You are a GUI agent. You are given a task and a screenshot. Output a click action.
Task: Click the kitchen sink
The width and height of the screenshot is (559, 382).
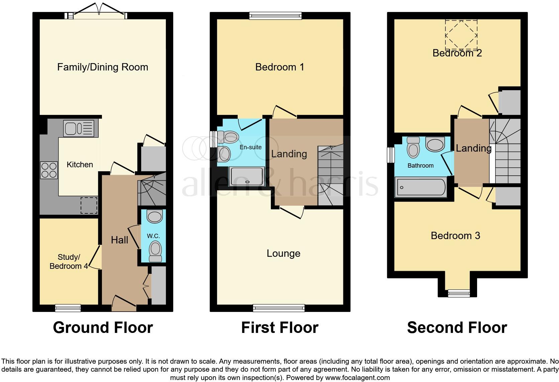click(79, 129)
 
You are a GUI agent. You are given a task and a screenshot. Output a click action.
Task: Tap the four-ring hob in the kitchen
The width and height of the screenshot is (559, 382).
click(48, 170)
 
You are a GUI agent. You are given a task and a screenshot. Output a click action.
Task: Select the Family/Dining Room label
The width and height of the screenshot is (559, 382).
click(103, 67)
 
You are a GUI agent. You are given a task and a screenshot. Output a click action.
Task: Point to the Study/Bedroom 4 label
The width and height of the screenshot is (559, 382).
click(69, 261)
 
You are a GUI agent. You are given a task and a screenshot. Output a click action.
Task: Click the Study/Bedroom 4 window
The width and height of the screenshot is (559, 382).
click(68, 308)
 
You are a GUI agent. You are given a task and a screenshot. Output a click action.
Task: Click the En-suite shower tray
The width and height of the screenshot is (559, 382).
click(247, 176)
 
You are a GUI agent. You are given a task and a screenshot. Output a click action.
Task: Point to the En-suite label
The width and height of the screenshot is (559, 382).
click(250, 147)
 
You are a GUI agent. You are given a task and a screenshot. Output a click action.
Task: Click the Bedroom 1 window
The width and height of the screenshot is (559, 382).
click(275, 15)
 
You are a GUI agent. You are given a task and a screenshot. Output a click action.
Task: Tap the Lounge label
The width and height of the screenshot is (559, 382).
click(283, 253)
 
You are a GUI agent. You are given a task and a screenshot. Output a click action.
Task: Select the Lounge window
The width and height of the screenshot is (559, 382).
click(279, 308)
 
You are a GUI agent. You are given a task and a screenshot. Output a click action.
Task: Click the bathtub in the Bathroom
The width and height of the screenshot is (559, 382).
click(420, 187)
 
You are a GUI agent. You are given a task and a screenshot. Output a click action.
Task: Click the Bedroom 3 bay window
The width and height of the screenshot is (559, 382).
click(458, 293)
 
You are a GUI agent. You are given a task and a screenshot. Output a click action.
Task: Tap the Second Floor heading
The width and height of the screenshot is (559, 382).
click(457, 328)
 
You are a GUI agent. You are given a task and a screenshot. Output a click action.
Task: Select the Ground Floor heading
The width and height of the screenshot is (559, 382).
click(103, 328)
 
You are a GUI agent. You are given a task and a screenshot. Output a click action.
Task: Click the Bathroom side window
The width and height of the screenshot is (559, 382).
click(390, 155)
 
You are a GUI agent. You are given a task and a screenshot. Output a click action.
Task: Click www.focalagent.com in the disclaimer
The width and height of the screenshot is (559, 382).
click(357, 378)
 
